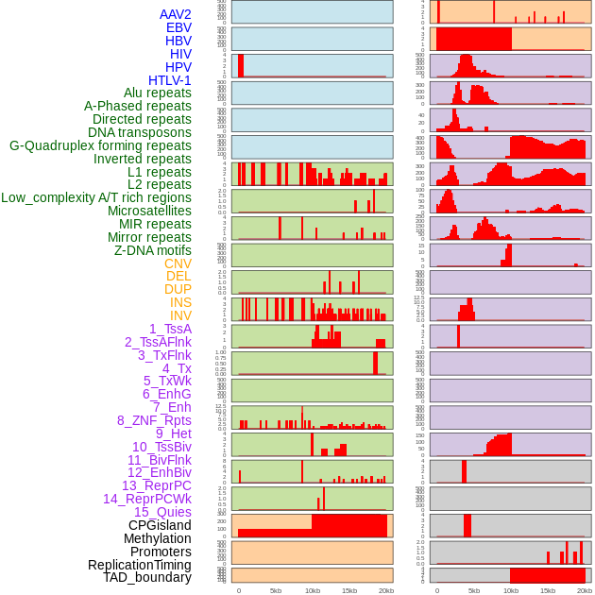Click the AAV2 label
coord(175,14)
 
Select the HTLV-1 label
coord(169,80)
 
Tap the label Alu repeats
coord(157,93)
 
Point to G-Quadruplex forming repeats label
coord(100,145)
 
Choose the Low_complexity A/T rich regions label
coord(96,197)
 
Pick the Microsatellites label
coord(149,211)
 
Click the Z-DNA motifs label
coord(152,250)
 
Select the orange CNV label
coord(178,263)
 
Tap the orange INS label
coord(180,302)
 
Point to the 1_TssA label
coord(170,329)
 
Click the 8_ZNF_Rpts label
coord(154,420)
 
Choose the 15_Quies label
coord(162,512)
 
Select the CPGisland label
coord(160,525)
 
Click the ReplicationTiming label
coord(140,565)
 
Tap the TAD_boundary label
coord(147,577)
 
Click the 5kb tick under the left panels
coord(276,590)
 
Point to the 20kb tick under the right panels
coord(585,590)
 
